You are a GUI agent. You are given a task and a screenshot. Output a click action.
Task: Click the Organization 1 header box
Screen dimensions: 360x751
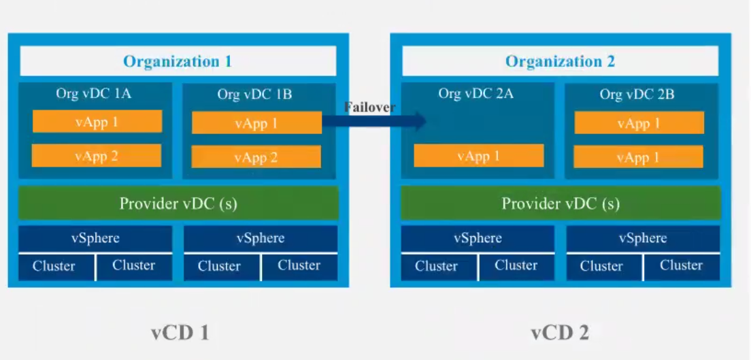[178, 61]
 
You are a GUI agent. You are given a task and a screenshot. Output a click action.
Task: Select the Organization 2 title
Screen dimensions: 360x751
[560, 61]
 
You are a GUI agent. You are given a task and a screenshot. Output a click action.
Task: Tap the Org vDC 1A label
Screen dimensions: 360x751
[94, 94]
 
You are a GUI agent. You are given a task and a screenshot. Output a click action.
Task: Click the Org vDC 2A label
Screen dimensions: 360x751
[475, 94]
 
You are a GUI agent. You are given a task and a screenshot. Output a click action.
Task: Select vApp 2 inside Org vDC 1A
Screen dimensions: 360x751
[97, 156]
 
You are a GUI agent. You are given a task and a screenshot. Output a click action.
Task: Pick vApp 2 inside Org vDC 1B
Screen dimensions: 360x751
[256, 157]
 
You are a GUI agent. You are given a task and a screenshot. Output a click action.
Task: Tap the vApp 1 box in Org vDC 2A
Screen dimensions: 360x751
[479, 156]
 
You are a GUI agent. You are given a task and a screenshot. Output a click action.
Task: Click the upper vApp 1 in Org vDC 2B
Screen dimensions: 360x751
[639, 123]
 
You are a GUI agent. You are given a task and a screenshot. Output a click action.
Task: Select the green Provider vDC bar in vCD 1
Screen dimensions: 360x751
[178, 203]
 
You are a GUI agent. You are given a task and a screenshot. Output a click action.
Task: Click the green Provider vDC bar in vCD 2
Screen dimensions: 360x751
[561, 203]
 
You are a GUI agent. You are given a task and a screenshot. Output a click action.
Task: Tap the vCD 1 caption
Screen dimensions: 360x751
[180, 333]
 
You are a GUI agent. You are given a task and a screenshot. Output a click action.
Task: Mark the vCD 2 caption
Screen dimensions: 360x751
[560, 333]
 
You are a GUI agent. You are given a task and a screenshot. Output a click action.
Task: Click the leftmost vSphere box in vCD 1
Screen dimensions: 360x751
[95, 238]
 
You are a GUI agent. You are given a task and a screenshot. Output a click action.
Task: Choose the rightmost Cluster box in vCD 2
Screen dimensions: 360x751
[681, 266]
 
